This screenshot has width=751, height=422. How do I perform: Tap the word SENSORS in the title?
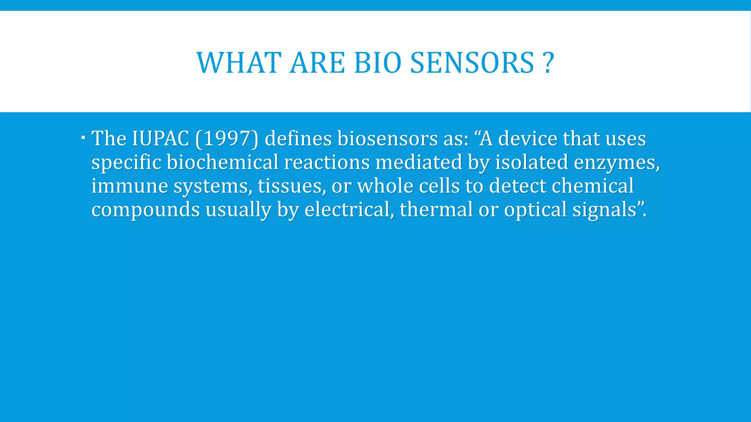pyautogui.click(x=472, y=63)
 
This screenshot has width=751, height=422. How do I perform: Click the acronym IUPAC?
pyautogui.click(x=160, y=139)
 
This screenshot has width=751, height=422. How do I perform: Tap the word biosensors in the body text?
pyautogui.click(x=387, y=139)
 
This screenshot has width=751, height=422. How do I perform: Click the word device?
pyautogui.click(x=527, y=139)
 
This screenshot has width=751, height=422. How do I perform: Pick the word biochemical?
pyautogui.click(x=223, y=162)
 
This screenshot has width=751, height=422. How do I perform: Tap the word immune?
pyautogui.click(x=129, y=186)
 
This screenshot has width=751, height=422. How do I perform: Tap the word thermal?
pyautogui.click(x=436, y=210)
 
